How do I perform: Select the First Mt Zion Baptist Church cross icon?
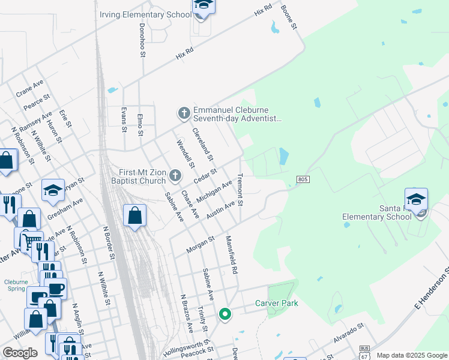click(175, 176)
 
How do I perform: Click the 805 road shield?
click(303, 179)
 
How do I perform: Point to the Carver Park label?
click(277, 303)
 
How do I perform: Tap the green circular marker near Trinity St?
click(225, 314)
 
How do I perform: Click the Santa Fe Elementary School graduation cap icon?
click(416, 199)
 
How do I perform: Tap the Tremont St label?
click(240, 190)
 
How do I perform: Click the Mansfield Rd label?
click(231, 254)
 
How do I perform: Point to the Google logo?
click(20, 353)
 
